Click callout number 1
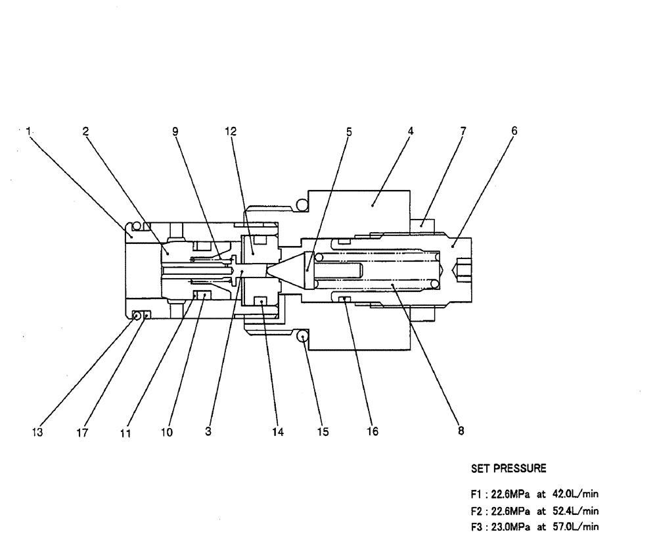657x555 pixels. (x=28, y=131)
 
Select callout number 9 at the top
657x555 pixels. (x=175, y=131)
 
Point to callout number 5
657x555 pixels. (x=349, y=131)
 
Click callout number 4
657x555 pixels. (x=410, y=131)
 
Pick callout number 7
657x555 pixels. (x=463, y=131)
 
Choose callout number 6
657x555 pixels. (x=514, y=131)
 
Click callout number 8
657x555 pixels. (x=461, y=432)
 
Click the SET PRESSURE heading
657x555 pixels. (x=508, y=469)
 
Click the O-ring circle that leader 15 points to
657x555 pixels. (x=302, y=336)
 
